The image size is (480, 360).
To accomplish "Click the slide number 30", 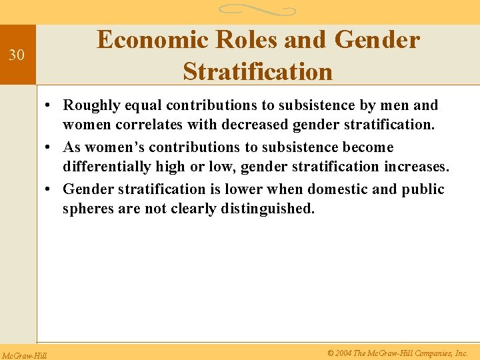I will [16, 55].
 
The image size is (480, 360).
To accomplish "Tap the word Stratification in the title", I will [257, 71].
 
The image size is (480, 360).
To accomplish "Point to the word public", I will [423, 189].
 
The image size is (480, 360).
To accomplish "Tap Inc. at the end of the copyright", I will [461, 353].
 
